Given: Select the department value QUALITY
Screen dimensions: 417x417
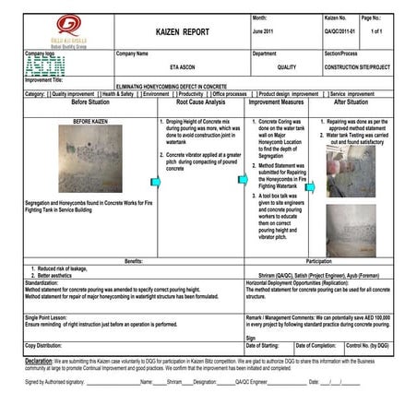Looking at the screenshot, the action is click(x=286, y=66).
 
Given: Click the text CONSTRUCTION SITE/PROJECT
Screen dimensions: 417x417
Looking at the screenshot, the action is click(x=361, y=66).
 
